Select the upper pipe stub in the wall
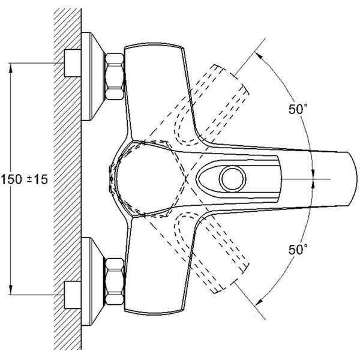click(73, 62)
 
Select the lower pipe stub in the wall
click(73, 294)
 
